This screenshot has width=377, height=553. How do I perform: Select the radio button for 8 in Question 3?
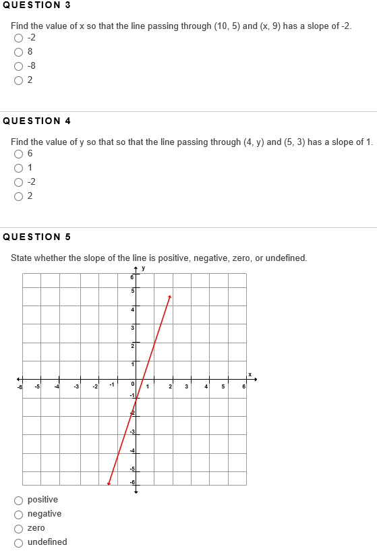tap(18, 51)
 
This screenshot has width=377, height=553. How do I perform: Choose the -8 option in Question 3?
tap(18, 65)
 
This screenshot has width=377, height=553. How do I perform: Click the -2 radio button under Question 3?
tap(18, 37)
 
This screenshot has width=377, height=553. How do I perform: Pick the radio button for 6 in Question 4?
tap(18, 154)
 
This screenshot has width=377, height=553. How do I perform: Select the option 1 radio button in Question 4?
tap(18, 168)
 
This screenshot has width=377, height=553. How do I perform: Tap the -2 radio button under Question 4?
tap(18, 182)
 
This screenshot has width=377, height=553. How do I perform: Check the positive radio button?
tap(18, 500)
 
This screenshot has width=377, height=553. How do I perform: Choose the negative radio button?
tap(18, 514)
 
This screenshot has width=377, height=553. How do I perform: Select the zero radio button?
tap(18, 528)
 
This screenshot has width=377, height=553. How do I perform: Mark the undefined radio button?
tap(18, 542)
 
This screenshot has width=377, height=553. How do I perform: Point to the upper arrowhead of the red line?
tap(170, 295)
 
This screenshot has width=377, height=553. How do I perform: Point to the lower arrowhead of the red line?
tap(109, 483)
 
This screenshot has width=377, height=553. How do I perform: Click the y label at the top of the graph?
tap(144, 269)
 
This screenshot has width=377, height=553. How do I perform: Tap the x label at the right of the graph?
tap(249, 374)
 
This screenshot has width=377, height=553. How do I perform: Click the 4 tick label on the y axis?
tap(133, 309)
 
